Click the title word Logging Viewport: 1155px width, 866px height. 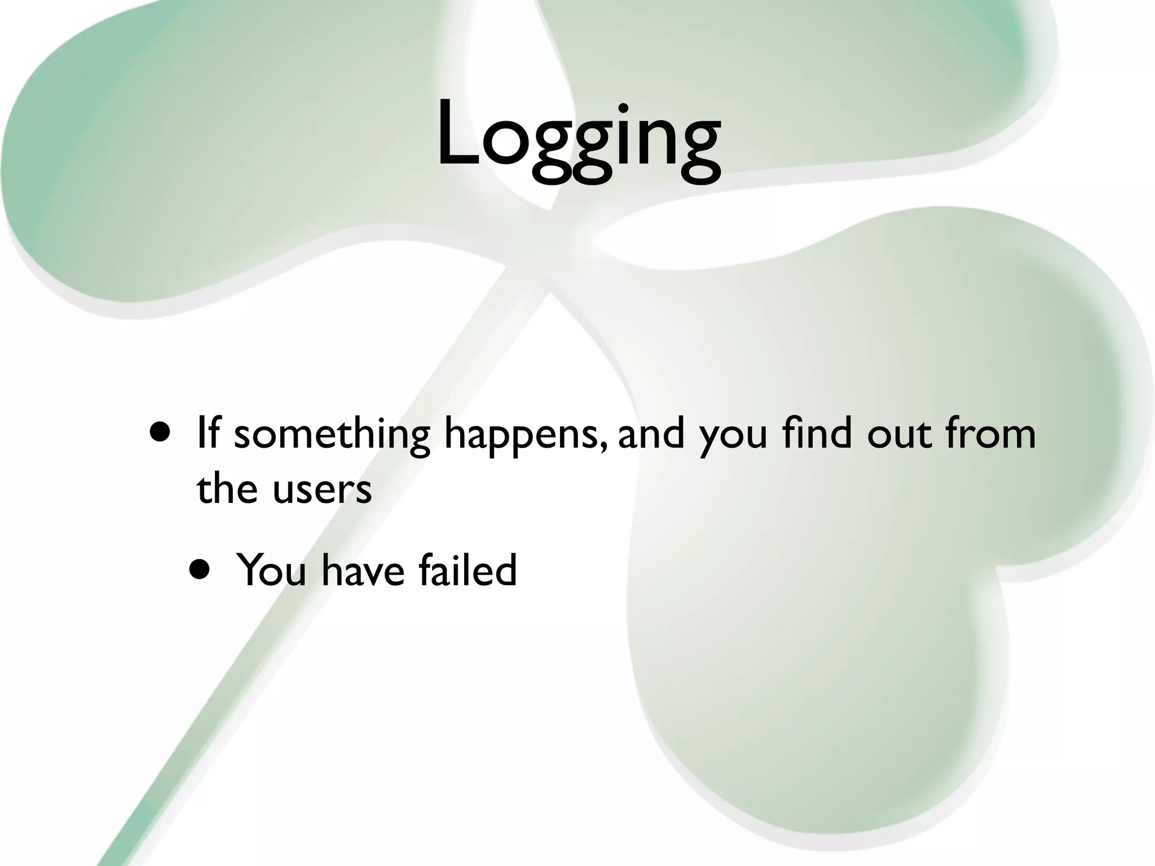(x=578, y=138)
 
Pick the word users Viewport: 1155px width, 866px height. (x=322, y=489)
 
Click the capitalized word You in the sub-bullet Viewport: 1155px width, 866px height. (x=271, y=570)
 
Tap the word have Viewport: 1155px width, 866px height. (x=363, y=570)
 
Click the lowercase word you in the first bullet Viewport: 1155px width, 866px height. (x=733, y=437)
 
